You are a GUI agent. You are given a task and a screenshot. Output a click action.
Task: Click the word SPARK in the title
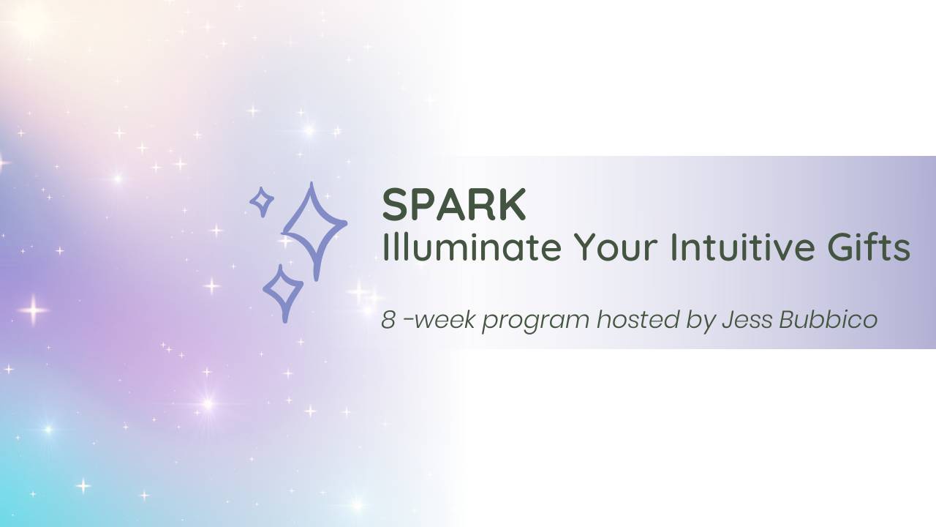[453, 204]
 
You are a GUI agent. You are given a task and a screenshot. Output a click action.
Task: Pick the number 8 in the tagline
[388, 320]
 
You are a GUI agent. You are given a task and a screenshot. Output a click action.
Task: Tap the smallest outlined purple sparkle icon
[261, 201]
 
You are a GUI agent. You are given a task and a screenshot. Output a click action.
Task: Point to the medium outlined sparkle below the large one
[283, 292]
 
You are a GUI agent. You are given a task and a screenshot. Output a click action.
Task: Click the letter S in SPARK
[395, 204]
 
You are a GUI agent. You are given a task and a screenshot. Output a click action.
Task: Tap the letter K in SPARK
[513, 204]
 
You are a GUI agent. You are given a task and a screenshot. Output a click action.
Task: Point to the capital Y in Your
[582, 247]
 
